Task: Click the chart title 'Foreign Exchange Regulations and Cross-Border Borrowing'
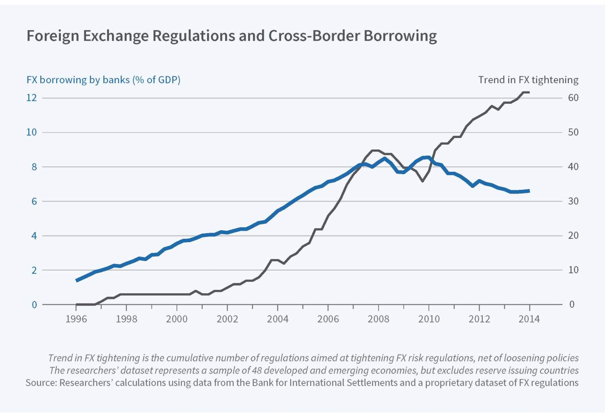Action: tap(231, 36)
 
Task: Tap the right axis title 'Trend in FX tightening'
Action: tap(528, 79)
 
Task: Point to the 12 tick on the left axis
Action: tap(32, 98)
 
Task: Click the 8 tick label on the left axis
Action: tap(34, 167)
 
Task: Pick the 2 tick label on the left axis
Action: tap(34, 270)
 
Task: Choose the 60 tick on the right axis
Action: tap(573, 98)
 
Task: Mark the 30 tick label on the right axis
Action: tap(573, 201)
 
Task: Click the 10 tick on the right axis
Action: tap(573, 270)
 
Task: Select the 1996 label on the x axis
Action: tap(76, 319)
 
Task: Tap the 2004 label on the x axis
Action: tap(278, 319)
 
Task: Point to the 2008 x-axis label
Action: tap(378, 319)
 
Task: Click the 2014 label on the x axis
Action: tap(529, 319)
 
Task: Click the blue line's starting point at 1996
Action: tap(77, 280)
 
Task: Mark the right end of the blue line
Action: tap(529, 191)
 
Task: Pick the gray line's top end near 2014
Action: tap(528, 92)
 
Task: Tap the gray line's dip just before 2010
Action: tap(423, 181)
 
